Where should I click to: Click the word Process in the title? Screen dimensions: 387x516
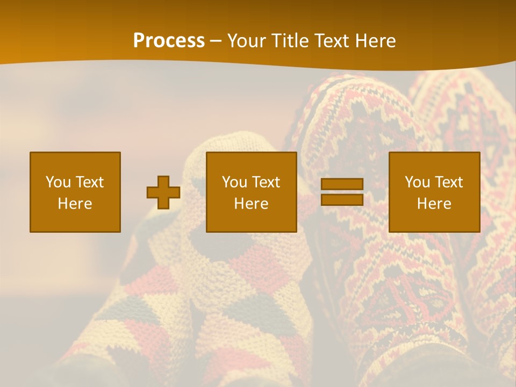(169, 41)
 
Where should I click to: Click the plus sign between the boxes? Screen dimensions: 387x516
(163, 192)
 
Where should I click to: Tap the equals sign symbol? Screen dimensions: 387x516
(342, 192)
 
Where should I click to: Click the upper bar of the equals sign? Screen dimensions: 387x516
(342, 184)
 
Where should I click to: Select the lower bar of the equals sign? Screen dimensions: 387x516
(342, 200)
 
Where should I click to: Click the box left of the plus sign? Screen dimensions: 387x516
(75, 192)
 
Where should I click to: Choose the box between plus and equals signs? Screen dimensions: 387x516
(251, 192)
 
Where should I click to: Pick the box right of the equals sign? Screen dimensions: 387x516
(434, 192)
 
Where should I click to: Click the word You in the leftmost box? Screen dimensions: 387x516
(58, 182)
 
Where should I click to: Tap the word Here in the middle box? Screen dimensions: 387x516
(251, 204)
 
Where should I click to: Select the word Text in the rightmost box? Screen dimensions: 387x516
(450, 182)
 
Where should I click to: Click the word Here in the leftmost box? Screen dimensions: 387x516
(75, 204)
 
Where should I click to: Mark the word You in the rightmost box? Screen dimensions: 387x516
(417, 182)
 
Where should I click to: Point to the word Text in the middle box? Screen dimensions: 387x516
(267, 182)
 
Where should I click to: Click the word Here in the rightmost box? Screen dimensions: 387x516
(434, 204)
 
